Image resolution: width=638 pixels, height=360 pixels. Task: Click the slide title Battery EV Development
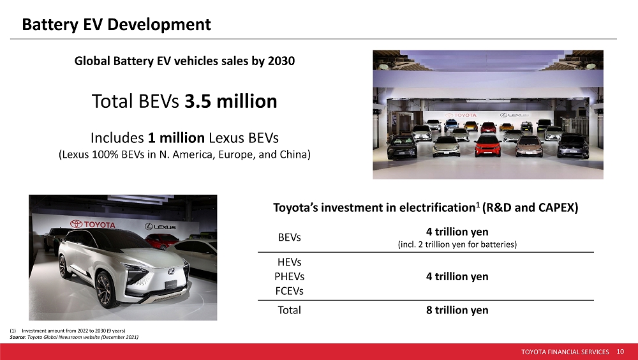(x=116, y=24)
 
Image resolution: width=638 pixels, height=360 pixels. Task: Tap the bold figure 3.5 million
(x=231, y=101)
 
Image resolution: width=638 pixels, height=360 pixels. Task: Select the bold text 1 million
(x=176, y=138)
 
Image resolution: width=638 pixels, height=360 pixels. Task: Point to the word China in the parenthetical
(x=296, y=154)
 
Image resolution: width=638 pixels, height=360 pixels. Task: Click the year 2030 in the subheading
(x=281, y=61)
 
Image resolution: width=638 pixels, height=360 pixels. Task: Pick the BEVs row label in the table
(x=289, y=237)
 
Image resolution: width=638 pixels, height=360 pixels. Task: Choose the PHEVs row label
(x=289, y=276)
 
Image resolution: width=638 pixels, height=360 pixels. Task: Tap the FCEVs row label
(x=289, y=291)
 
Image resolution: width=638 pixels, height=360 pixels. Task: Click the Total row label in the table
(x=289, y=310)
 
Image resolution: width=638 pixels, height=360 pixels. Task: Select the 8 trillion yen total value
(x=457, y=310)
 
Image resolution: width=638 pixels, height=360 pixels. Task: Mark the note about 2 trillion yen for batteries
(x=457, y=244)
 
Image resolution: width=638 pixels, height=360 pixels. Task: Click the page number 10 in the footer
(x=620, y=352)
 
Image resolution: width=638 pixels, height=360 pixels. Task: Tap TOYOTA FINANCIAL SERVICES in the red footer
(x=565, y=352)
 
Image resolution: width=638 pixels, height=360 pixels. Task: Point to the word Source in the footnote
(x=17, y=337)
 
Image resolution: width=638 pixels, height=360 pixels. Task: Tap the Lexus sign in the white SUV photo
(x=160, y=227)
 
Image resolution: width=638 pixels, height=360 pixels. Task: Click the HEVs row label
(x=289, y=262)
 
